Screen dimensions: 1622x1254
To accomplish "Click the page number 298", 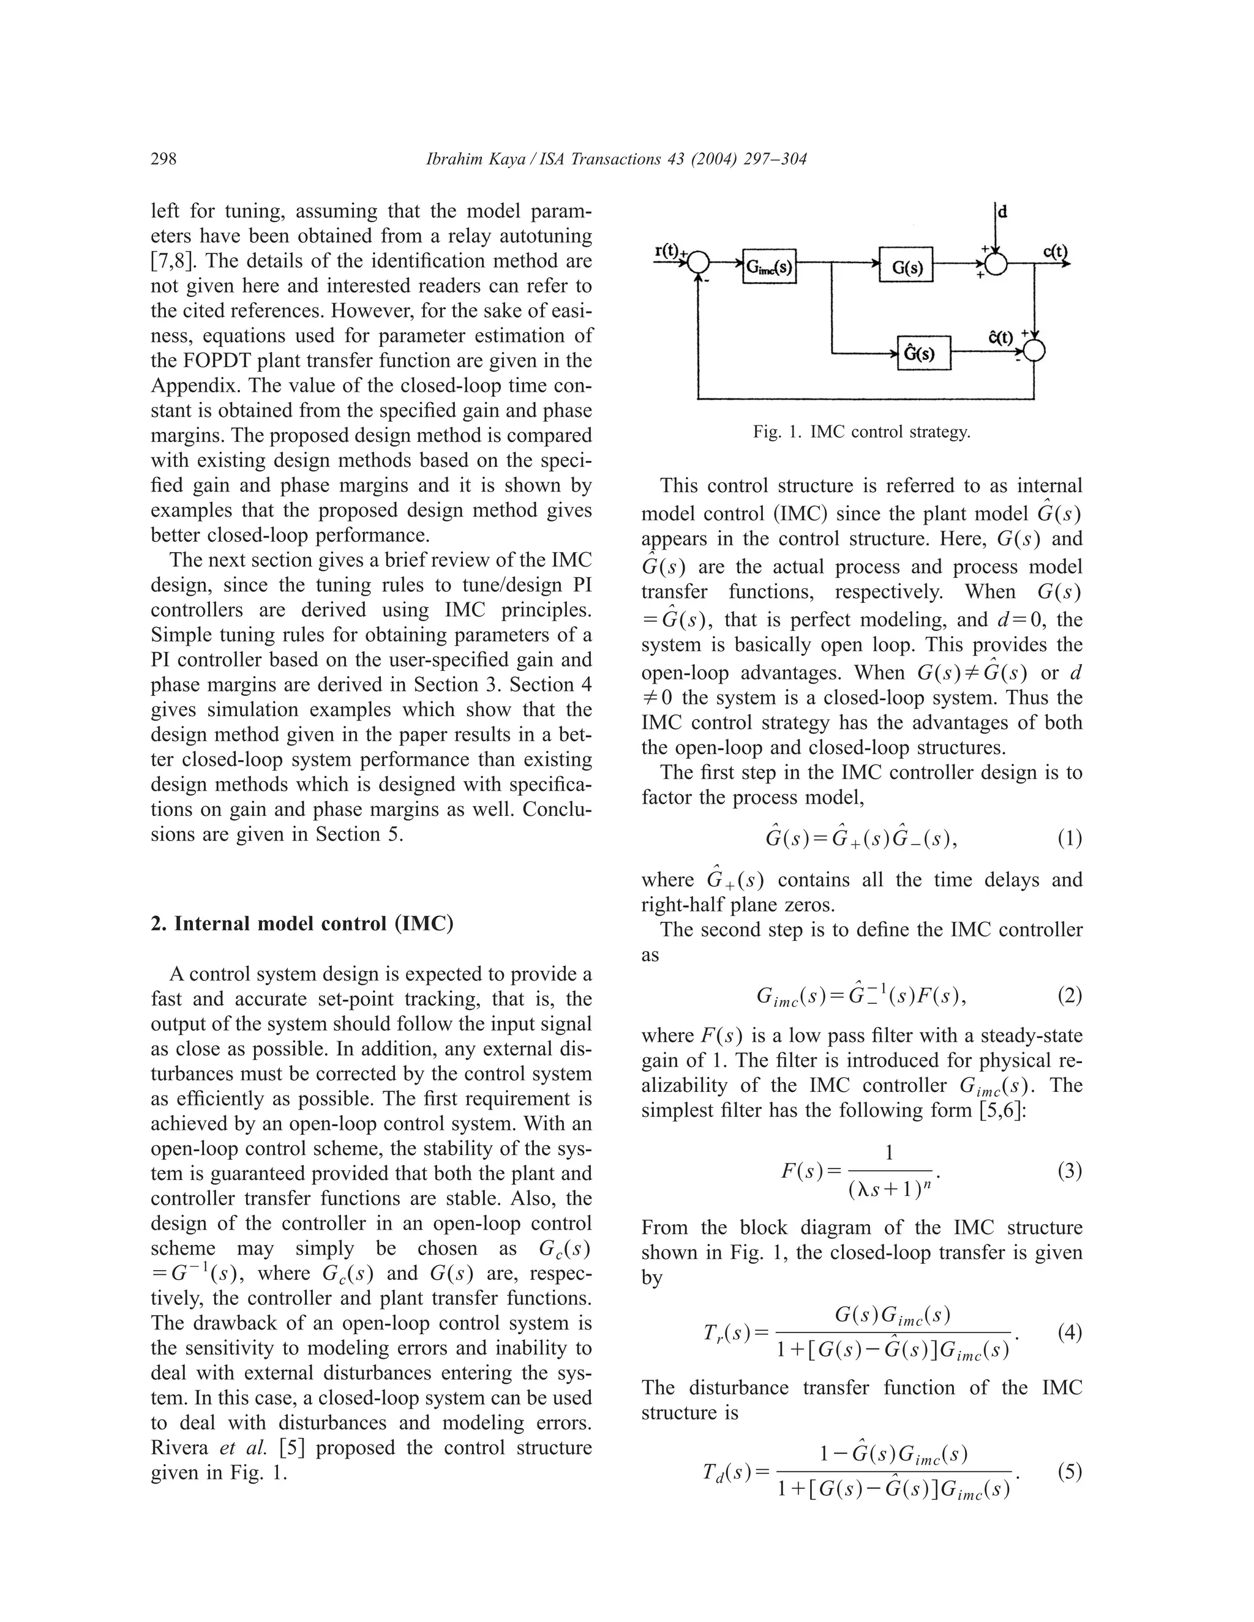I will (163, 159).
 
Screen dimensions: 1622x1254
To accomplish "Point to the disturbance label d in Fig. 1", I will (1003, 212).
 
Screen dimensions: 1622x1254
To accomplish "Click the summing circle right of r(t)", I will (698, 263).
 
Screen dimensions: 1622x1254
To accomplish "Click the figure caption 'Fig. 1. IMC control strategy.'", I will (861, 432).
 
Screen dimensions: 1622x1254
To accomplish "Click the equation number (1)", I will (1069, 839).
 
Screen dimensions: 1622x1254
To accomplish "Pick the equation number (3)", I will (1069, 1171).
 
